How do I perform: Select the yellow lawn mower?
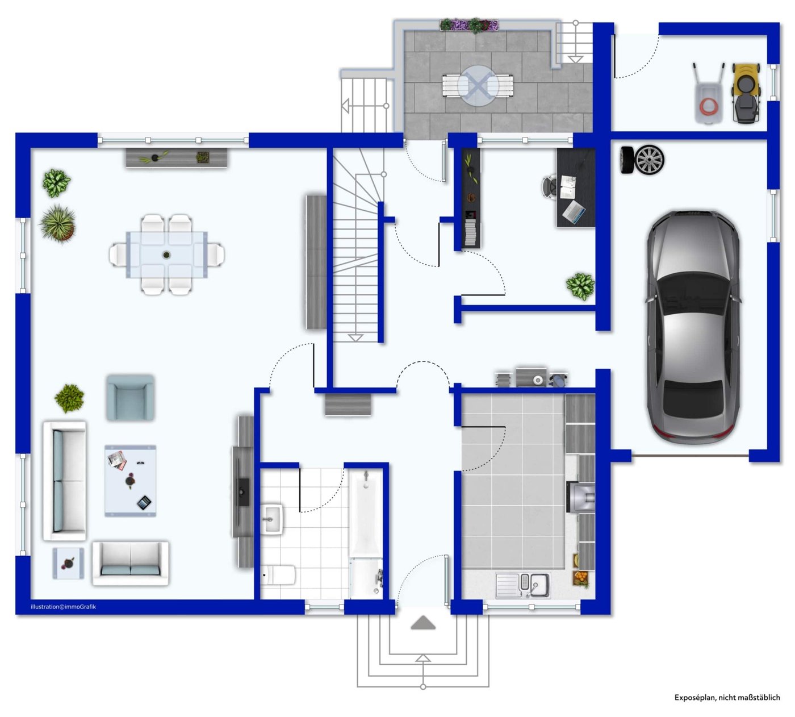tap(746, 93)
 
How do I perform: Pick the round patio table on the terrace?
tap(478, 85)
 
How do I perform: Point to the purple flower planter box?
tap(469, 24)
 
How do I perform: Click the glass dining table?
tap(166, 255)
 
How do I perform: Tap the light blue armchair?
tap(130, 397)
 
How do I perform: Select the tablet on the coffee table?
tap(144, 503)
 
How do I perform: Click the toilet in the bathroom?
tap(278, 574)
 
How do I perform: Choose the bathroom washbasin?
tap(271, 519)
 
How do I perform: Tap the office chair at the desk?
tap(550, 186)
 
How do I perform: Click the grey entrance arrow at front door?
tap(423, 623)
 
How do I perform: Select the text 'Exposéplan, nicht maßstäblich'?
tap(727, 697)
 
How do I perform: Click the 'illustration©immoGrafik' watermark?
tap(64, 606)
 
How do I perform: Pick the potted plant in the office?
tap(580, 286)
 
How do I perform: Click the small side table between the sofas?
tap(68, 563)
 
